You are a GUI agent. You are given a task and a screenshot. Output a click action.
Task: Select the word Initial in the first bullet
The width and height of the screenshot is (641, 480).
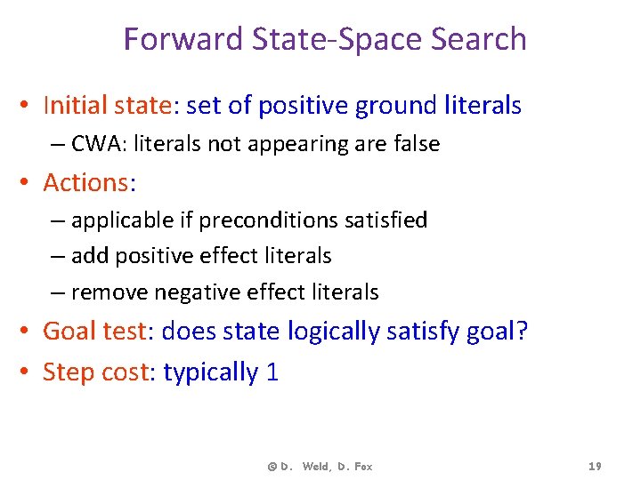point(75,106)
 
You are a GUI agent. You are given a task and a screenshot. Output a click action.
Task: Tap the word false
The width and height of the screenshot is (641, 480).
point(412,144)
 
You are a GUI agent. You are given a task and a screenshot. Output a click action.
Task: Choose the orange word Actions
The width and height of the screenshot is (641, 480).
point(85,182)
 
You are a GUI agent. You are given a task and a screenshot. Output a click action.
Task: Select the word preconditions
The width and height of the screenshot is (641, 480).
point(260,220)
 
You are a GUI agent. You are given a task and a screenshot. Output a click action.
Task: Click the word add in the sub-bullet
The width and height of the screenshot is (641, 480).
point(88,256)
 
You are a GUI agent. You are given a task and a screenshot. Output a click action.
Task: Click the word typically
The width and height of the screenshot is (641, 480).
point(210,372)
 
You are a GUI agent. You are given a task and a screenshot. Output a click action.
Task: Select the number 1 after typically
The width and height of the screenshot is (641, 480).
point(272,372)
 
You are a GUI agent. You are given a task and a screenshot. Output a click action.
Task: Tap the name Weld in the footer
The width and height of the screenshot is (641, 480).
point(317,467)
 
